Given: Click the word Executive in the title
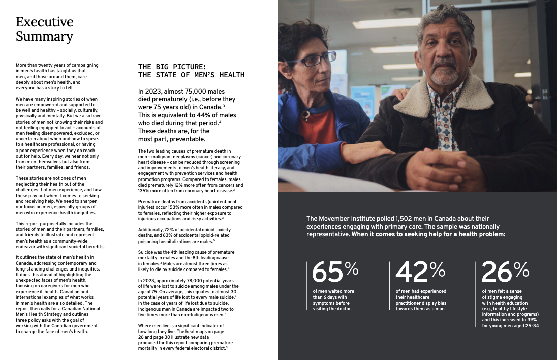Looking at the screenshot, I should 45,22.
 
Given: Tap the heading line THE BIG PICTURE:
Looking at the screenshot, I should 172,67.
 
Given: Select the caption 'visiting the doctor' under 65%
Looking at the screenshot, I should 331,308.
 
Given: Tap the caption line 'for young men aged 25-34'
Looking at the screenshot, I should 510,326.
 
